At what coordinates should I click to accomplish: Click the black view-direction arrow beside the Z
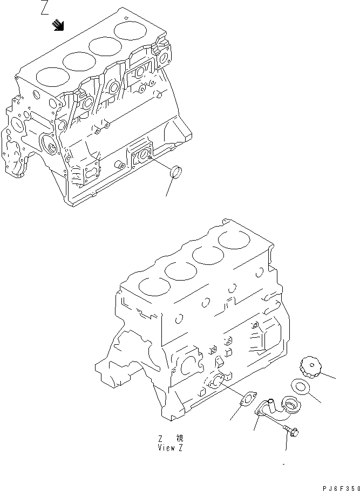click(x=59, y=25)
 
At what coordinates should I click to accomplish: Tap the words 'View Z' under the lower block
click(x=170, y=448)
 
